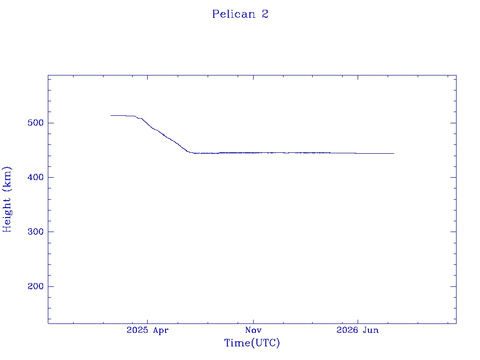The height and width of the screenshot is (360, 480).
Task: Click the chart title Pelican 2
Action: tap(240, 14)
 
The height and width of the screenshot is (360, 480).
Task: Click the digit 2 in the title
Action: tap(265, 14)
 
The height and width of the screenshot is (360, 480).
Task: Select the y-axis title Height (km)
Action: tap(7, 199)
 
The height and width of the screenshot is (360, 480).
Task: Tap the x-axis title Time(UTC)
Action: tap(252, 343)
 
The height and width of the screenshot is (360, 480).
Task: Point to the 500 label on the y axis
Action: tap(36, 123)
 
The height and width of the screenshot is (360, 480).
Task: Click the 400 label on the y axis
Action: tap(36, 177)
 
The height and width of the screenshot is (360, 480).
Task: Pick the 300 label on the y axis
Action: tap(36, 232)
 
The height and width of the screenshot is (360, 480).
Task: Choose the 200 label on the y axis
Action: tap(36, 286)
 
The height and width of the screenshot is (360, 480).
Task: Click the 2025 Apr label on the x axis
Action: tap(148, 330)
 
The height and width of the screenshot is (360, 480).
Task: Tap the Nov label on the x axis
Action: tap(253, 330)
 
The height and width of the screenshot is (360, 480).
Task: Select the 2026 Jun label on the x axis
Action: tap(358, 330)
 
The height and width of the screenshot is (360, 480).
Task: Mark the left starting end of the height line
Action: tap(111, 115)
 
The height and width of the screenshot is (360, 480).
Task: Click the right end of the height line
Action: tap(394, 153)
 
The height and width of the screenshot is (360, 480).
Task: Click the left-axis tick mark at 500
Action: tap(51, 123)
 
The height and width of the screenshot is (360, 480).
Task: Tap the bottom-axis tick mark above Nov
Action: tap(253, 321)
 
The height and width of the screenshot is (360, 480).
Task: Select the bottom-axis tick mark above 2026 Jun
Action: tap(358, 321)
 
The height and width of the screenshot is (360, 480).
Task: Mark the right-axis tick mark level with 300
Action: tap(453, 232)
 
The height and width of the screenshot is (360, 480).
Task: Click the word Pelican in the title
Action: tap(234, 14)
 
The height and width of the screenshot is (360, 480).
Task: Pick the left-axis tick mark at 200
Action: tap(51, 286)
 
